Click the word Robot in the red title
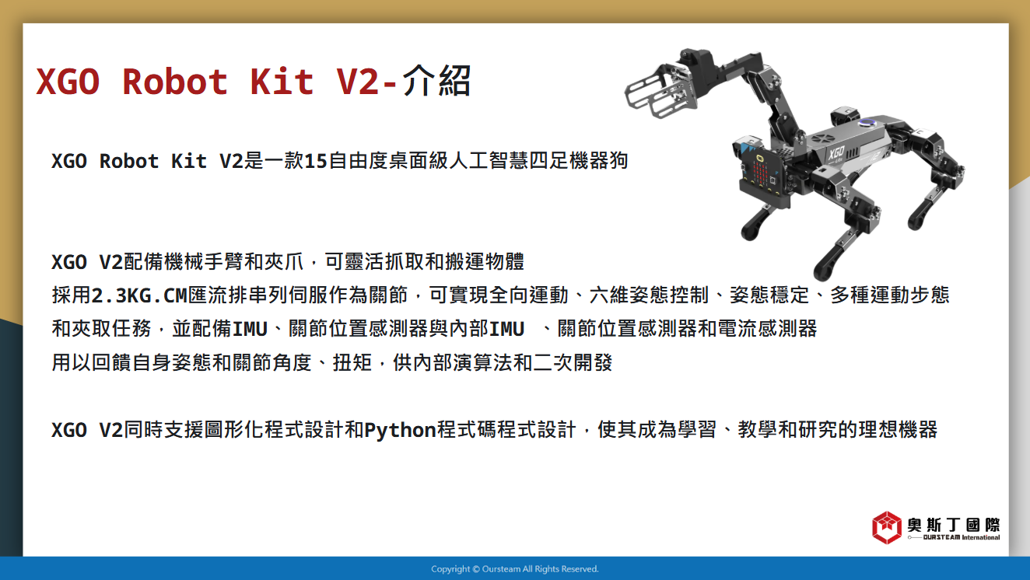tap(175, 82)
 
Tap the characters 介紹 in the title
tap(436, 80)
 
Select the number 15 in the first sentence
tap(316, 161)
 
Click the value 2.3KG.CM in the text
tap(139, 295)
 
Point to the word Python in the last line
tap(400, 430)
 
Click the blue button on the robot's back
tap(867, 122)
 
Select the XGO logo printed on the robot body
tap(837, 152)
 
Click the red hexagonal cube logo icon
tap(887, 528)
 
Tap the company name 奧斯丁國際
tap(954, 524)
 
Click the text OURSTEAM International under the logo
tap(962, 537)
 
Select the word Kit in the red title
tap(282, 82)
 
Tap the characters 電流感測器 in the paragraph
tap(767, 329)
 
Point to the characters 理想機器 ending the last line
tap(898, 430)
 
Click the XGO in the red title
tap(68, 82)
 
